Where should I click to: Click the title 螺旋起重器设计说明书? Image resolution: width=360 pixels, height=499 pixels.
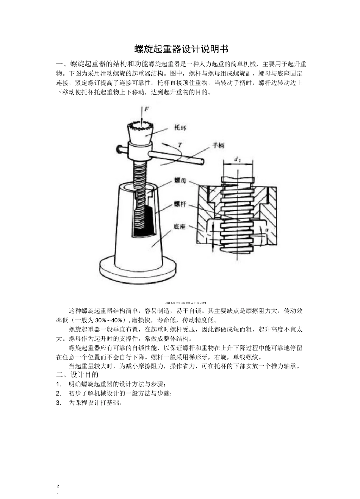182,49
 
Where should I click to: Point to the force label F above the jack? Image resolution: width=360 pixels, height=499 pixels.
146,109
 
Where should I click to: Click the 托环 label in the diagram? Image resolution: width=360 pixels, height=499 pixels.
180,128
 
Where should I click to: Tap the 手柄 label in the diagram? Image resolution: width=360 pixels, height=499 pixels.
219,145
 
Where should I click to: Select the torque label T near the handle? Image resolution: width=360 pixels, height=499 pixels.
180,144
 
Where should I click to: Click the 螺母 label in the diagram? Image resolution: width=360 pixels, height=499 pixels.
180,181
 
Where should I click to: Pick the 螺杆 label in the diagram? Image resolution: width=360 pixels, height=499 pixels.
180,204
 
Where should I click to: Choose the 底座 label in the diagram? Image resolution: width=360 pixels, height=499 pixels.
180,227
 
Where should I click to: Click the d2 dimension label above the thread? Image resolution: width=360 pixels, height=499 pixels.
238,160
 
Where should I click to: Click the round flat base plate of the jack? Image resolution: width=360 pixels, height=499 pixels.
138,270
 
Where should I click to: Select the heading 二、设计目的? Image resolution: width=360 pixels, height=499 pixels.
77,375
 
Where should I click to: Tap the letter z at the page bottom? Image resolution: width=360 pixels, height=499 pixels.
58,485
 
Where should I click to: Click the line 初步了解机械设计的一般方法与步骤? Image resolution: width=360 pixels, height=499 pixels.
120,393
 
